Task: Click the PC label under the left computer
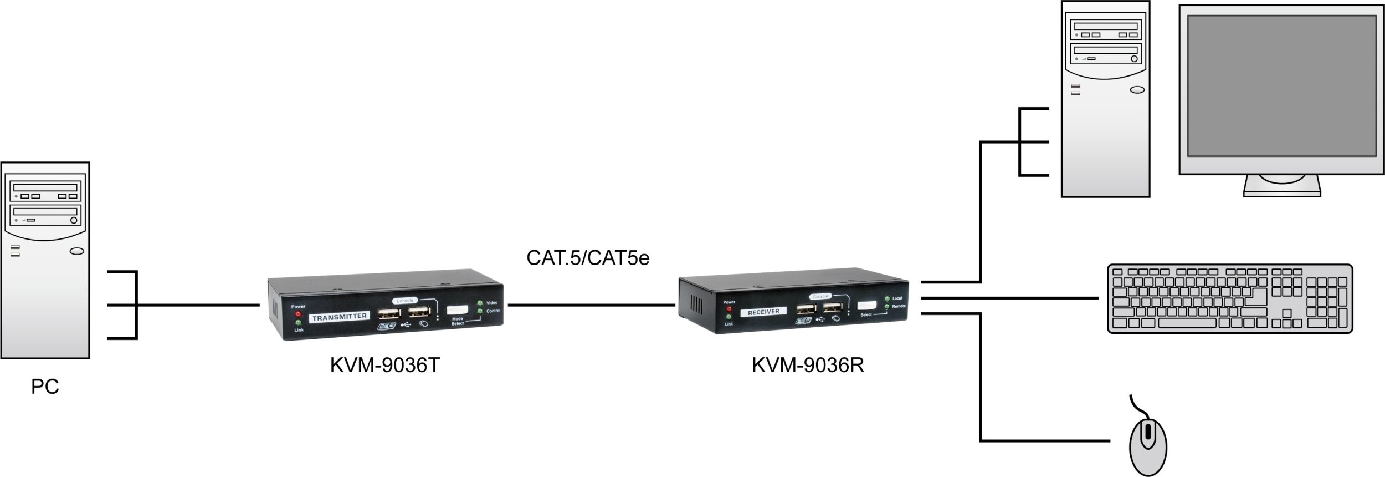(x=45, y=387)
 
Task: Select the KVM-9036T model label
(x=384, y=366)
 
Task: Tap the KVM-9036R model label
(x=808, y=366)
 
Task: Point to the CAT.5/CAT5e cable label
(x=587, y=258)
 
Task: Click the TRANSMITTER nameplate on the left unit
(x=340, y=317)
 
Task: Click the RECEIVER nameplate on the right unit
(x=763, y=312)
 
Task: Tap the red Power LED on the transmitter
(x=298, y=314)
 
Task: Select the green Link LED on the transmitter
(x=298, y=323)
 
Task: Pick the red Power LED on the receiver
(x=729, y=309)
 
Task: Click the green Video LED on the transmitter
(x=480, y=303)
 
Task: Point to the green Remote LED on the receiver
(x=887, y=306)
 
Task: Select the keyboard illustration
(x=1229, y=298)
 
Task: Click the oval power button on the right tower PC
(x=1137, y=90)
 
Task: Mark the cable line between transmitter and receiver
(x=591, y=305)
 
